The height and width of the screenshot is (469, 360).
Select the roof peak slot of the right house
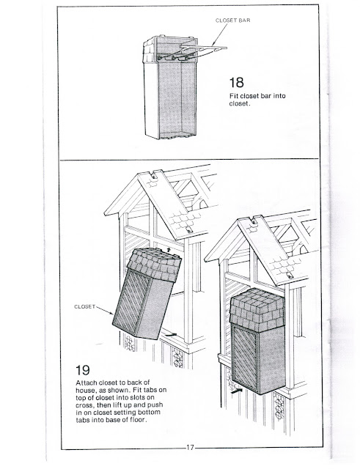(258, 220)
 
